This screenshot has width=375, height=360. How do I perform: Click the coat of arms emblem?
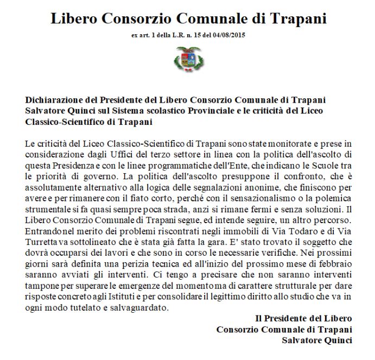188,57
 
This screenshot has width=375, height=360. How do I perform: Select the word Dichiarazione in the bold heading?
50,99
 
